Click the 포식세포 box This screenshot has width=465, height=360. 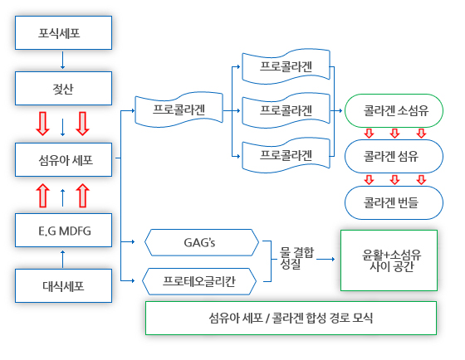coord(63,32)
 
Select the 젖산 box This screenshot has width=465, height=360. coord(63,88)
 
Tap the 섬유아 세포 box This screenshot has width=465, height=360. coord(63,160)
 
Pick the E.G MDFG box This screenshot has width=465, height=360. coord(63,231)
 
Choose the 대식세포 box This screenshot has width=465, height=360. coord(63,285)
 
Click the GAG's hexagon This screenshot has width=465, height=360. coord(202,242)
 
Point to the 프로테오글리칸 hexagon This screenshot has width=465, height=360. coord(199,281)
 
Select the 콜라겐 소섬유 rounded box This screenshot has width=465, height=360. coord(394,111)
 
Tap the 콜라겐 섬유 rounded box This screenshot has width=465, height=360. coord(394,156)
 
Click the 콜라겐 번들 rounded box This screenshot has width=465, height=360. coord(394,202)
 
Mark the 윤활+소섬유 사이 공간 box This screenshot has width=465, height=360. coord(389,260)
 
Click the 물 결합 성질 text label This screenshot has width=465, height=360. coord(296,258)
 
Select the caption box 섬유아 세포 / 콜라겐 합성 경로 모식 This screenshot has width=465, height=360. coord(291,319)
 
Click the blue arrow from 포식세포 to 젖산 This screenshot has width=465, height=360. coord(62,61)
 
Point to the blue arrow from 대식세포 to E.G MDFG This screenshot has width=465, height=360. coord(62,260)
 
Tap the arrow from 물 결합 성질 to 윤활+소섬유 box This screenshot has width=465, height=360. coord(325,260)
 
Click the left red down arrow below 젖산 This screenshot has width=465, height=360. coord(42,124)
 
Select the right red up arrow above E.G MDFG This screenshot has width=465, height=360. coord(83,196)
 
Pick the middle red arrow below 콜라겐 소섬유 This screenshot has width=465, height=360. coord(394,134)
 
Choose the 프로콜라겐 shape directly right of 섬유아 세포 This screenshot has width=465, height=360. coord(179,109)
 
